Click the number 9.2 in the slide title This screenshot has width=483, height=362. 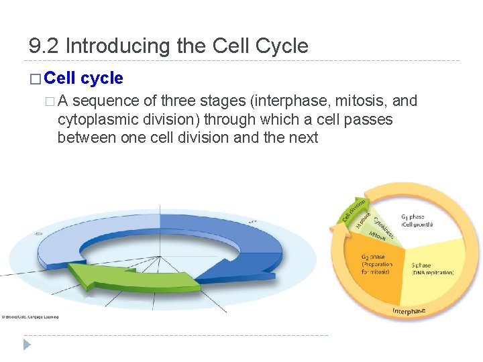[44, 46]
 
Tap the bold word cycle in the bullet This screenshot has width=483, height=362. [101, 78]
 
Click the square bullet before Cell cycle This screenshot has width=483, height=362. [36, 79]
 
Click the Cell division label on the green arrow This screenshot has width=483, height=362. [355, 208]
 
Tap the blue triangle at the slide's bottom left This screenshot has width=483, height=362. [27, 345]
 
